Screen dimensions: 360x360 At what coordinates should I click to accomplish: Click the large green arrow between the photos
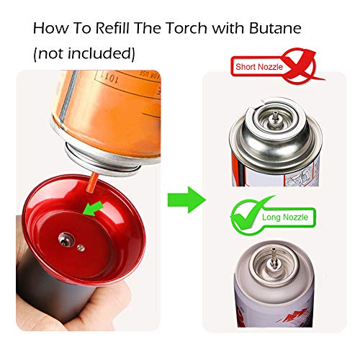pos(184,196)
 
